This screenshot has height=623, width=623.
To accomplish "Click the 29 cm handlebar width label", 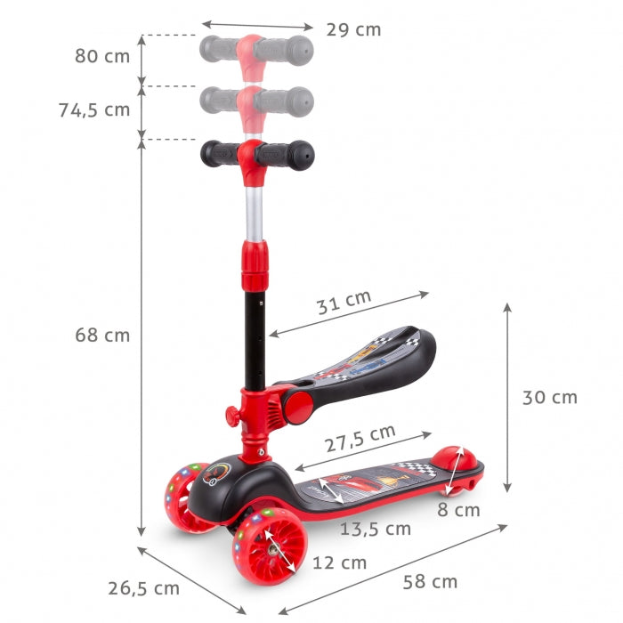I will [x=353, y=29].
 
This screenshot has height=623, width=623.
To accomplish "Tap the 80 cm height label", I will [x=102, y=56].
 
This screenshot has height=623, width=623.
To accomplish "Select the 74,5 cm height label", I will [x=94, y=109].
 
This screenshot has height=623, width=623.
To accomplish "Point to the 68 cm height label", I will [x=102, y=336].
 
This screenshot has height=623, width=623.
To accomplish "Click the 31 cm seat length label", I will [x=344, y=303].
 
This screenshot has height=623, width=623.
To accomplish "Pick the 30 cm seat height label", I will [x=549, y=397].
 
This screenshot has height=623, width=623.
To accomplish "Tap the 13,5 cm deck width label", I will [x=375, y=529].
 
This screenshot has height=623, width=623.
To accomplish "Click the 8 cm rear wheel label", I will [x=458, y=510].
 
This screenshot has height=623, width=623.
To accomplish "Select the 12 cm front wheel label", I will [x=339, y=562].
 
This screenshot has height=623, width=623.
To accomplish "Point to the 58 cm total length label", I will [x=430, y=582].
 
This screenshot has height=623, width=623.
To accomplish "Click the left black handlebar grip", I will [x=218, y=154].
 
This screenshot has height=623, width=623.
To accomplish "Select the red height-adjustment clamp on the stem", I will [x=256, y=261].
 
